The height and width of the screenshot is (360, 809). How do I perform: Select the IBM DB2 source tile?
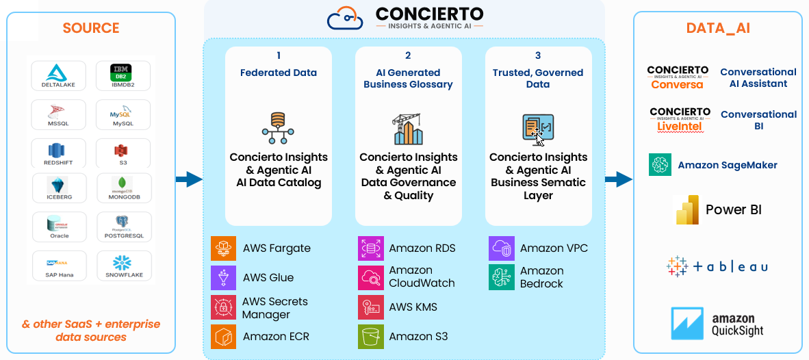click(123, 76)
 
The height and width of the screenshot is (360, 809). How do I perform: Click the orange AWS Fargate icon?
click(224, 248)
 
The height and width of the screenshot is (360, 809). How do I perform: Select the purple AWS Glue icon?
click(224, 277)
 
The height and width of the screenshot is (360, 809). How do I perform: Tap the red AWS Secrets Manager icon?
click(224, 307)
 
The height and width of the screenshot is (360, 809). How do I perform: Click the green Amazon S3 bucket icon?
click(370, 336)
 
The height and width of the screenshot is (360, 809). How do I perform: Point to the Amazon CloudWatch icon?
click(370, 277)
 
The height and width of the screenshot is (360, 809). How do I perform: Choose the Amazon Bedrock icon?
click(502, 277)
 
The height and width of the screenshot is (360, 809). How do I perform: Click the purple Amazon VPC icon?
click(502, 248)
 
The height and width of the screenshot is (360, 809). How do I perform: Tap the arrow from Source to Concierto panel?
click(190, 179)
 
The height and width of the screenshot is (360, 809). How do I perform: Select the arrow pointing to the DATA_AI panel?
click(619, 179)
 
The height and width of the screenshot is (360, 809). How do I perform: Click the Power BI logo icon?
click(686, 209)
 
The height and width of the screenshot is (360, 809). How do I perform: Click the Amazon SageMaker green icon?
click(660, 165)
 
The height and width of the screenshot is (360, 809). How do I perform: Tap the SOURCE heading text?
click(91, 28)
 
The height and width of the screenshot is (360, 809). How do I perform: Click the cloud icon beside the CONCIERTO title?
click(345, 18)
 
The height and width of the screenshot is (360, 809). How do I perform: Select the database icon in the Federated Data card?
click(278, 128)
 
